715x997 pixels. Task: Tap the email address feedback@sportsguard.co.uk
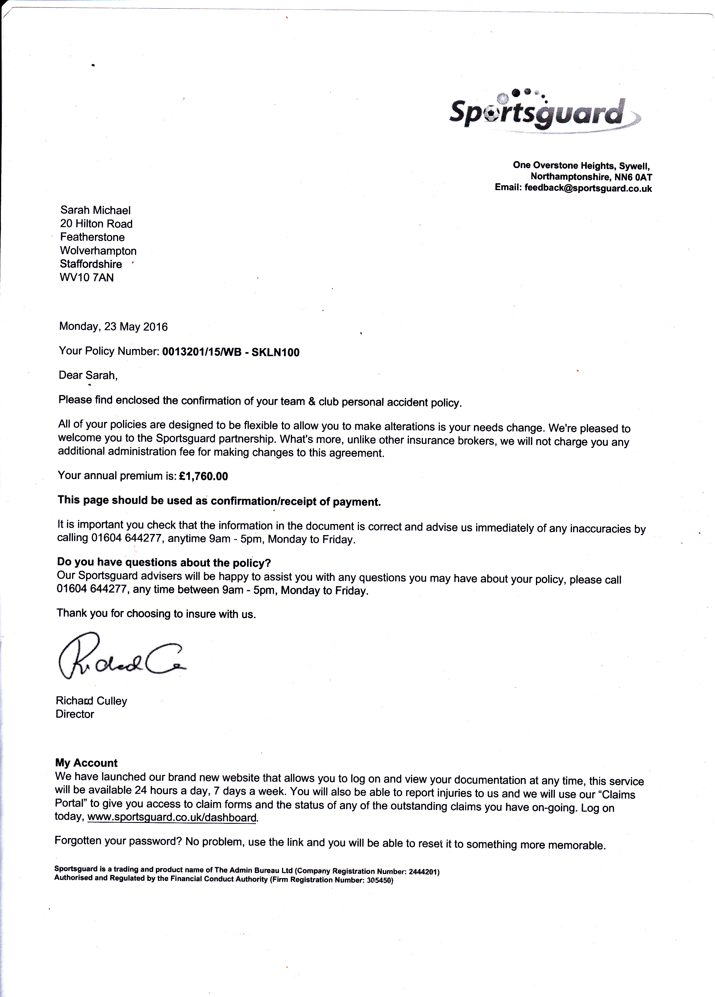(x=588, y=188)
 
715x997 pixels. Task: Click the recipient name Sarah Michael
(x=96, y=210)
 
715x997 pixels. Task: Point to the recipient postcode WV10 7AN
(x=87, y=277)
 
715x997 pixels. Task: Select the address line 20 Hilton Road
(x=96, y=224)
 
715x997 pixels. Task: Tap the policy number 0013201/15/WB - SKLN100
(x=231, y=352)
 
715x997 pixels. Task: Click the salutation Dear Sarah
(x=88, y=375)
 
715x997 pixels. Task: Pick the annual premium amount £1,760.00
(x=204, y=476)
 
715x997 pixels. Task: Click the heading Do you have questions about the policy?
(x=164, y=562)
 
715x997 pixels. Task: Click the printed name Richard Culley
(x=92, y=701)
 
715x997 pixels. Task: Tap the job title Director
(x=75, y=714)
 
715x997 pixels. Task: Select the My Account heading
(x=86, y=763)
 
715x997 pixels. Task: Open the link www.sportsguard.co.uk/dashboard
(x=172, y=818)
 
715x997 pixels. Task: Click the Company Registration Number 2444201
(x=424, y=871)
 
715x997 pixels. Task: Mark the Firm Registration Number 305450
(x=379, y=880)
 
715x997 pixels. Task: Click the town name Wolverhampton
(x=98, y=251)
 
